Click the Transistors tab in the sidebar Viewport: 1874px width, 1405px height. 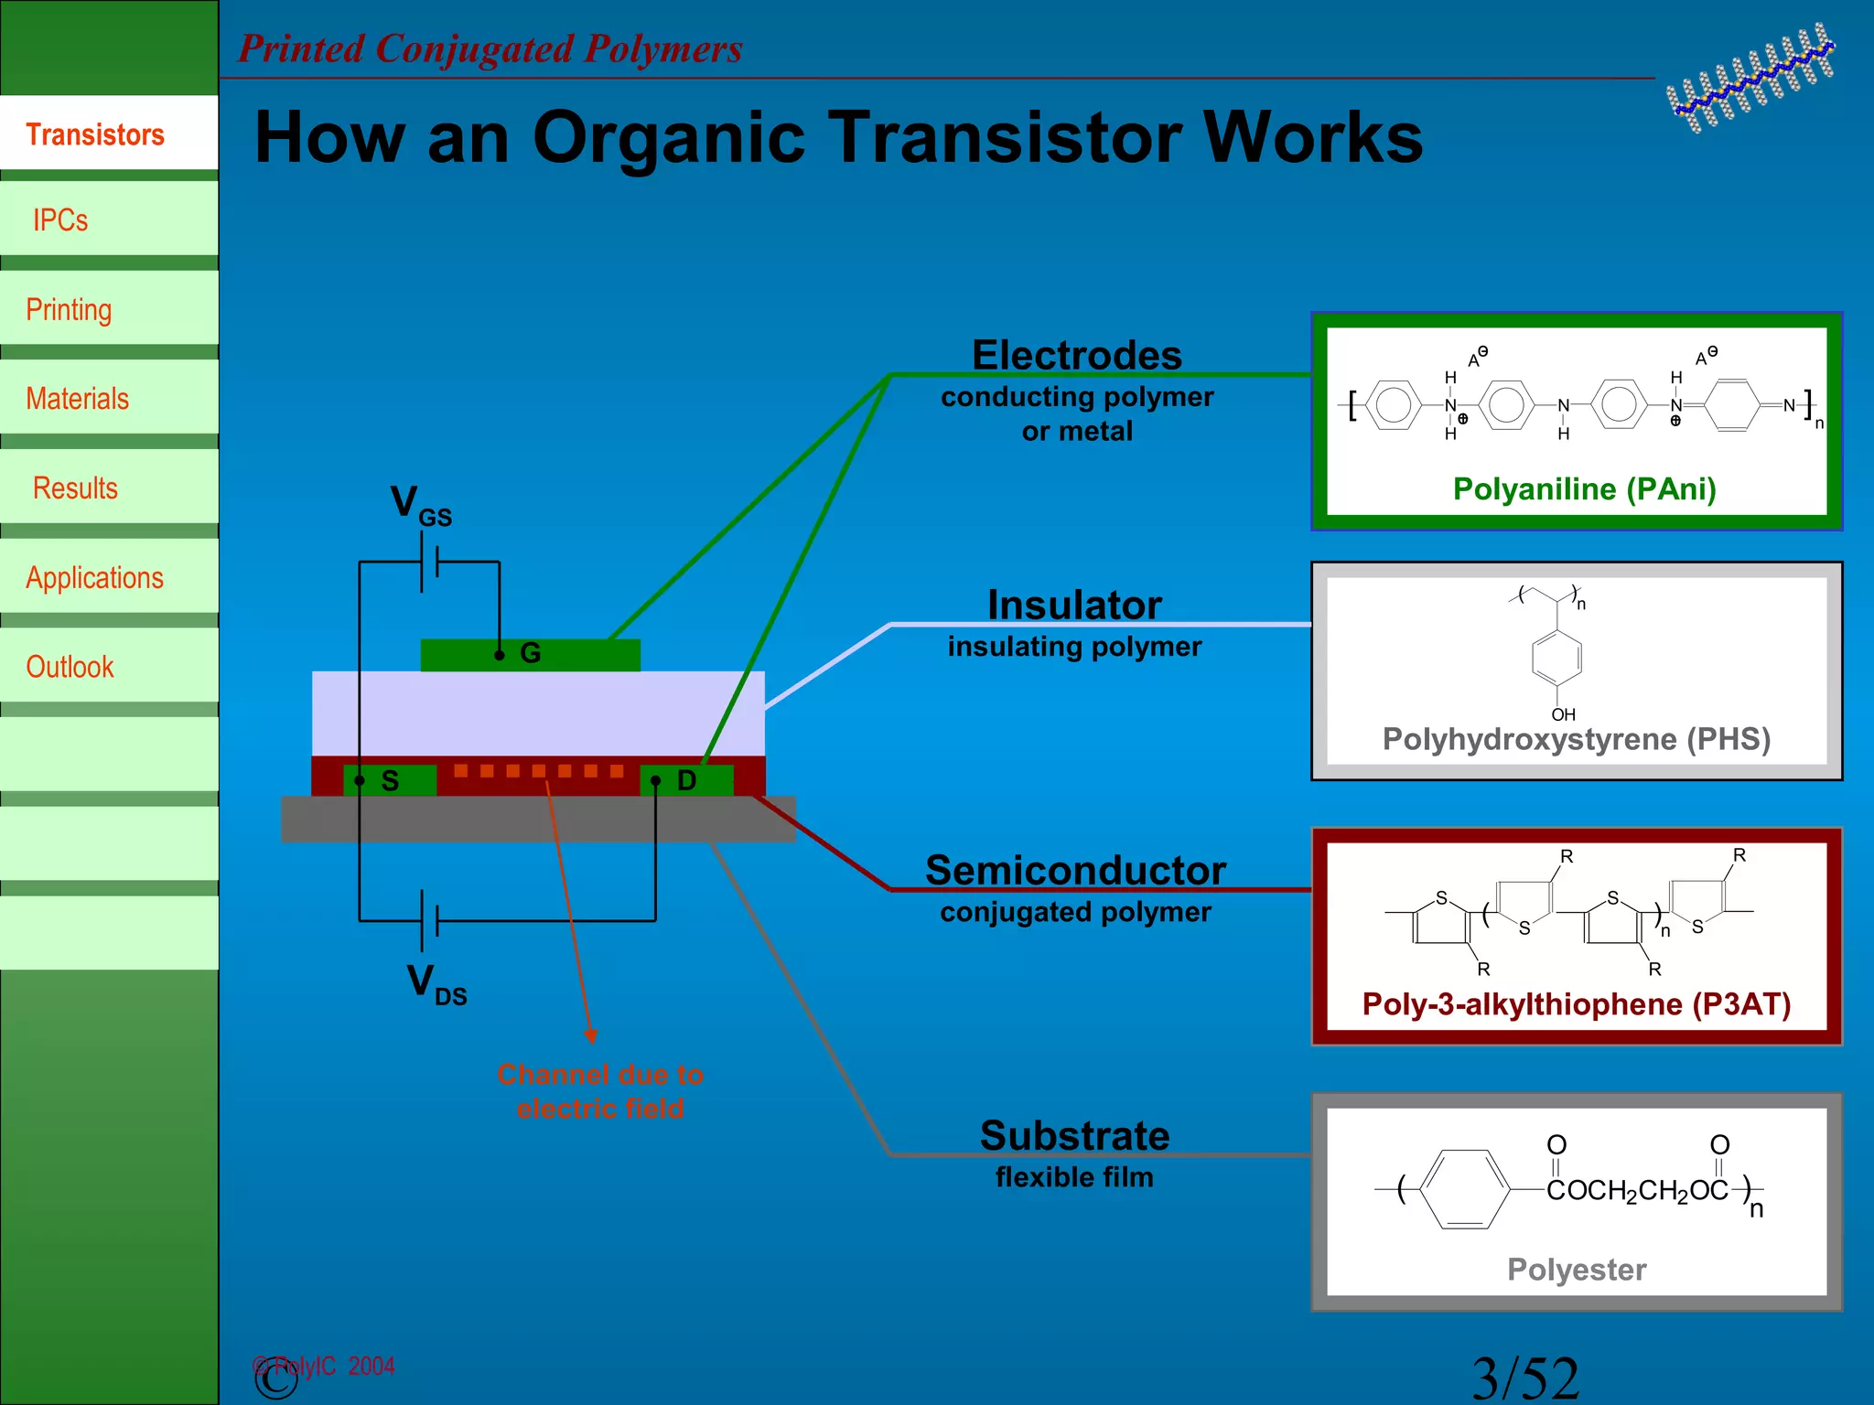click(95, 134)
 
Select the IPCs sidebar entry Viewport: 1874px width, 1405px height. click(60, 220)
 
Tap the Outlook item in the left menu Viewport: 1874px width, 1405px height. click(70, 667)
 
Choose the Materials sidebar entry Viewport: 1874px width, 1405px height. click(77, 399)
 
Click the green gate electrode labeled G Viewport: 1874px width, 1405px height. click(567, 654)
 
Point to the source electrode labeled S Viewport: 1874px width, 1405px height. click(390, 780)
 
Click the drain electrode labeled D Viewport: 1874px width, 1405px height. click(686, 780)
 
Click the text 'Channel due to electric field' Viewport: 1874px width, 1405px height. click(600, 1091)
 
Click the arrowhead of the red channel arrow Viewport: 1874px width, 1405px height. click(591, 1035)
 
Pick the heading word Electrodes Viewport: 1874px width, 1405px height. click(1076, 355)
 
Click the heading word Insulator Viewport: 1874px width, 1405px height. click(1074, 605)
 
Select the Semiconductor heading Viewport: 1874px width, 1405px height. click(1075, 870)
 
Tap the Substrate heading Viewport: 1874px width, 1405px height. click(1074, 1135)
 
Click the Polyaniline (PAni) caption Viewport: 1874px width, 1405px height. click(1584, 489)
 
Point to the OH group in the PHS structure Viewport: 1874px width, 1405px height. click(1563, 714)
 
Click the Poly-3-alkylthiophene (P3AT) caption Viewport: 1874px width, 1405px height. click(1576, 1004)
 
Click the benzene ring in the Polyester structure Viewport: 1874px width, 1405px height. click(1466, 1189)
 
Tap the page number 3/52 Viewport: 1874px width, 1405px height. click(1525, 1378)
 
